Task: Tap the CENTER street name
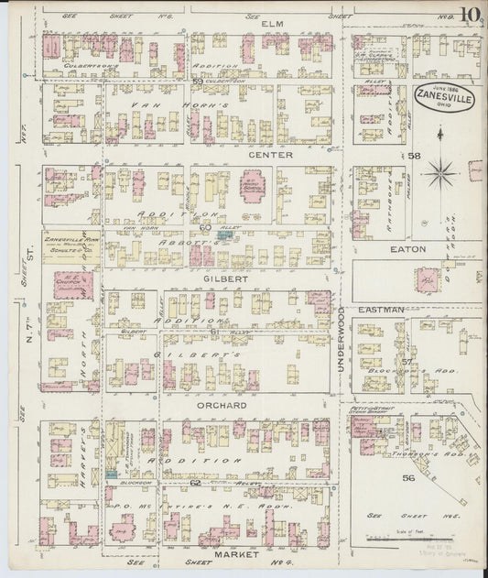(x=272, y=155)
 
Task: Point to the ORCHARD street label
(x=222, y=404)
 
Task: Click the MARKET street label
(x=231, y=553)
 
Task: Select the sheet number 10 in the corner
(x=471, y=16)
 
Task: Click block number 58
(x=414, y=157)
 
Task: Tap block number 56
(x=408, y=477)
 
